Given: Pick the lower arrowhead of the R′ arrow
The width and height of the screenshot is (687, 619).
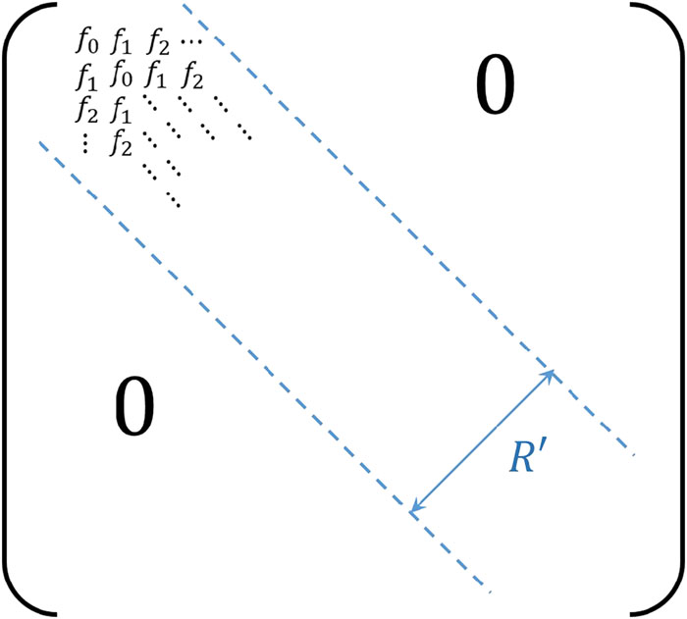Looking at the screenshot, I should [x=415, y=509].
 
